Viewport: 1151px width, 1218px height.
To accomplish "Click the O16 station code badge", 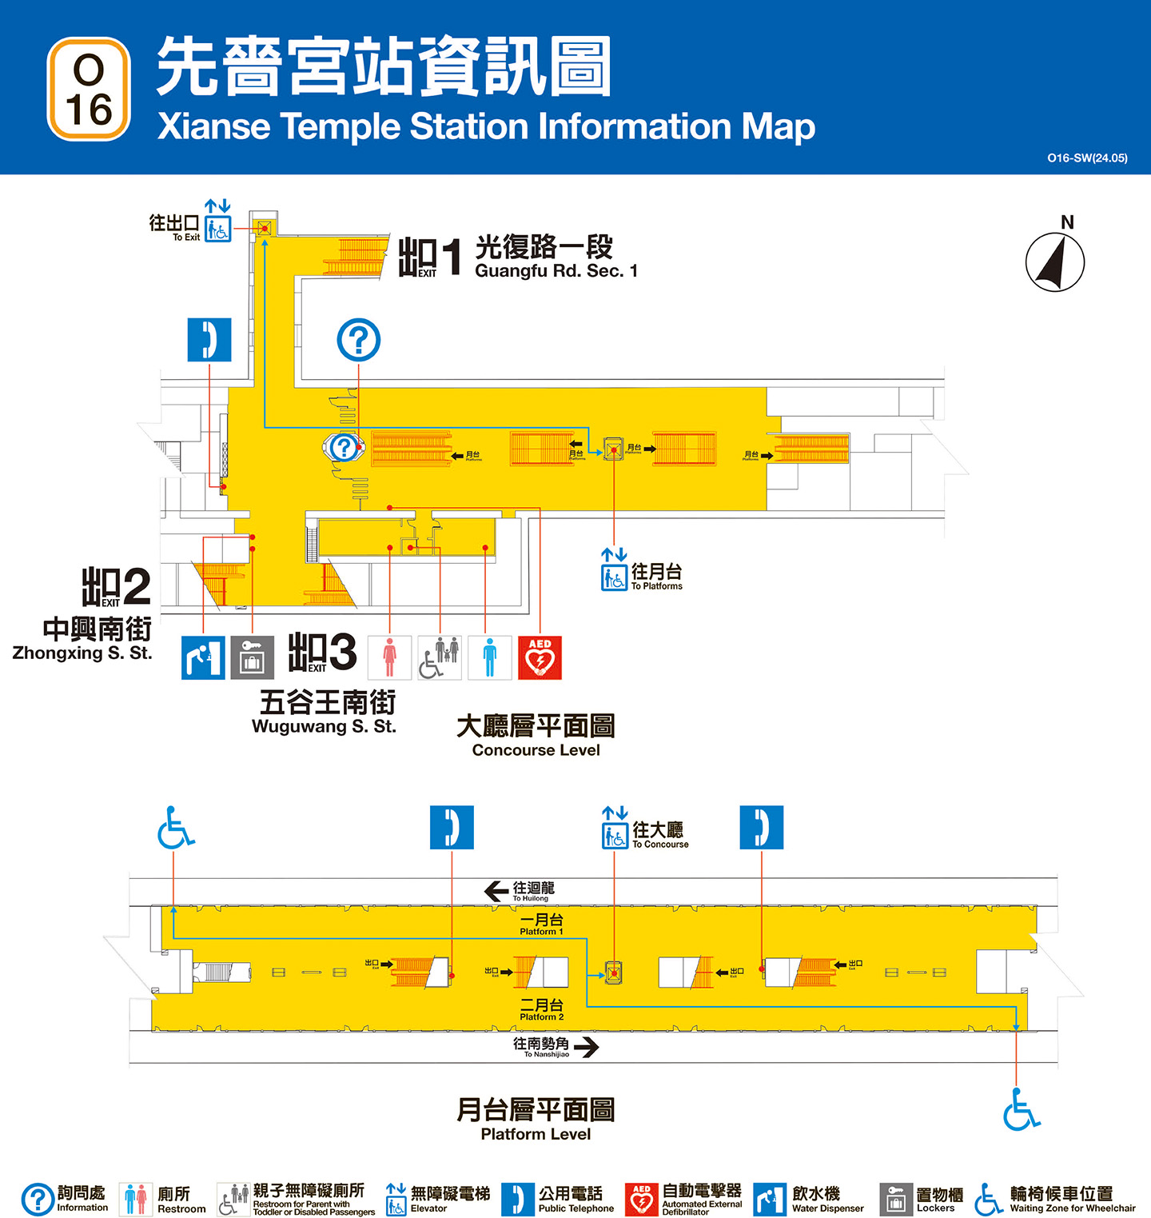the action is tap(89, 90).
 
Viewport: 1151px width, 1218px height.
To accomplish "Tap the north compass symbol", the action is tap(1055, 262).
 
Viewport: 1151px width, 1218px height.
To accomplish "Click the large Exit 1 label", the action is tap(430, 258).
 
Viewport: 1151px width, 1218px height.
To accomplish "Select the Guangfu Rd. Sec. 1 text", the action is tap(556, 271).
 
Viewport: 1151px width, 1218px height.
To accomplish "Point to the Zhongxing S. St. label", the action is tap(82, 653).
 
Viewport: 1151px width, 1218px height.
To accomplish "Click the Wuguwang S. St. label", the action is tap(324, 726).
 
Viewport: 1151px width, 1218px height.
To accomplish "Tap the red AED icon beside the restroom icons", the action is tap(540, 657).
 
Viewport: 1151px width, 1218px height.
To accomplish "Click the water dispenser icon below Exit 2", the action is tap(203, 657).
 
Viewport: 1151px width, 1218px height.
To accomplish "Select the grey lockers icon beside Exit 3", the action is tap(252, 657).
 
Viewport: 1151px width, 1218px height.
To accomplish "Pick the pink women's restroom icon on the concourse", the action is tap(389, 657).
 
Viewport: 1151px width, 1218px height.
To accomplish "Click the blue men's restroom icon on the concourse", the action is tap(489, 657).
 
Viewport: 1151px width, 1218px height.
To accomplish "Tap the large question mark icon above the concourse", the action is tap(358, 340).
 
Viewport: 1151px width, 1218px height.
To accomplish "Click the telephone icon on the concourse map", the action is tap(209, 340).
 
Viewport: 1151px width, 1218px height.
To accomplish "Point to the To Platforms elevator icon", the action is tap(614, 573).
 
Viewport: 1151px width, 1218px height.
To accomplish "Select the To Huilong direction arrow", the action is tap(496, 891).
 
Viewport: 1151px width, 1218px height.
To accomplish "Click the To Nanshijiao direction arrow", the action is tap(586, 1047).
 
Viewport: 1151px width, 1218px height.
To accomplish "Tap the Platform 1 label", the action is tap(541, 924).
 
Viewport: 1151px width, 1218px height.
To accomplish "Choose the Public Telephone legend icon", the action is tap(517, 1199).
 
